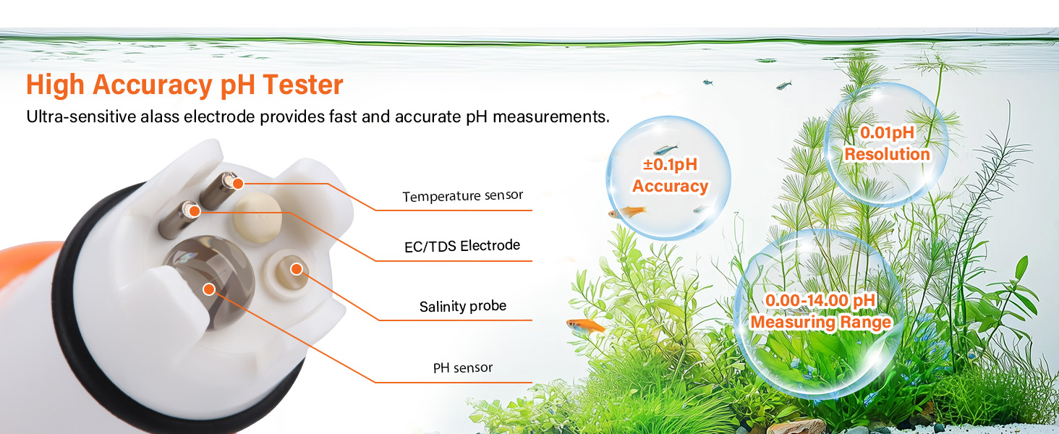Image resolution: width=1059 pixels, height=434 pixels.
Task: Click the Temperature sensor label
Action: click(462, 196)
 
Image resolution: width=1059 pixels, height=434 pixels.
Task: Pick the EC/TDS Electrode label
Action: click(462, 246)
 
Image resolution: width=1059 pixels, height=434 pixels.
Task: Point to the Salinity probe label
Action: click(462, 306)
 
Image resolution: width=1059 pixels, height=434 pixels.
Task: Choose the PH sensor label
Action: click(462, 368)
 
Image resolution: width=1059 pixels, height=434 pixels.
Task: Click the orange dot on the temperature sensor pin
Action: click(237, 184)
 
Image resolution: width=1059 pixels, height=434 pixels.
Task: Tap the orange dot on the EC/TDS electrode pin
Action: click(193, 211)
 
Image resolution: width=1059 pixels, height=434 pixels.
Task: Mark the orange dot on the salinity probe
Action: click(296, 269)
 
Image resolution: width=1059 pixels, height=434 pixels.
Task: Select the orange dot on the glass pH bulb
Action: click(209, 289)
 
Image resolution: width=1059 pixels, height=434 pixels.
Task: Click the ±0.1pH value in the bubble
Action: click(670, 165)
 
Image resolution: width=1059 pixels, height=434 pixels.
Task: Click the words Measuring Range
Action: click(821, 323)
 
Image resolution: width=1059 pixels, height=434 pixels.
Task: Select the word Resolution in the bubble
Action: click(887, 154)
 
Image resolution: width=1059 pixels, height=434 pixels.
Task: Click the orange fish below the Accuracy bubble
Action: click(586, 325)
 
